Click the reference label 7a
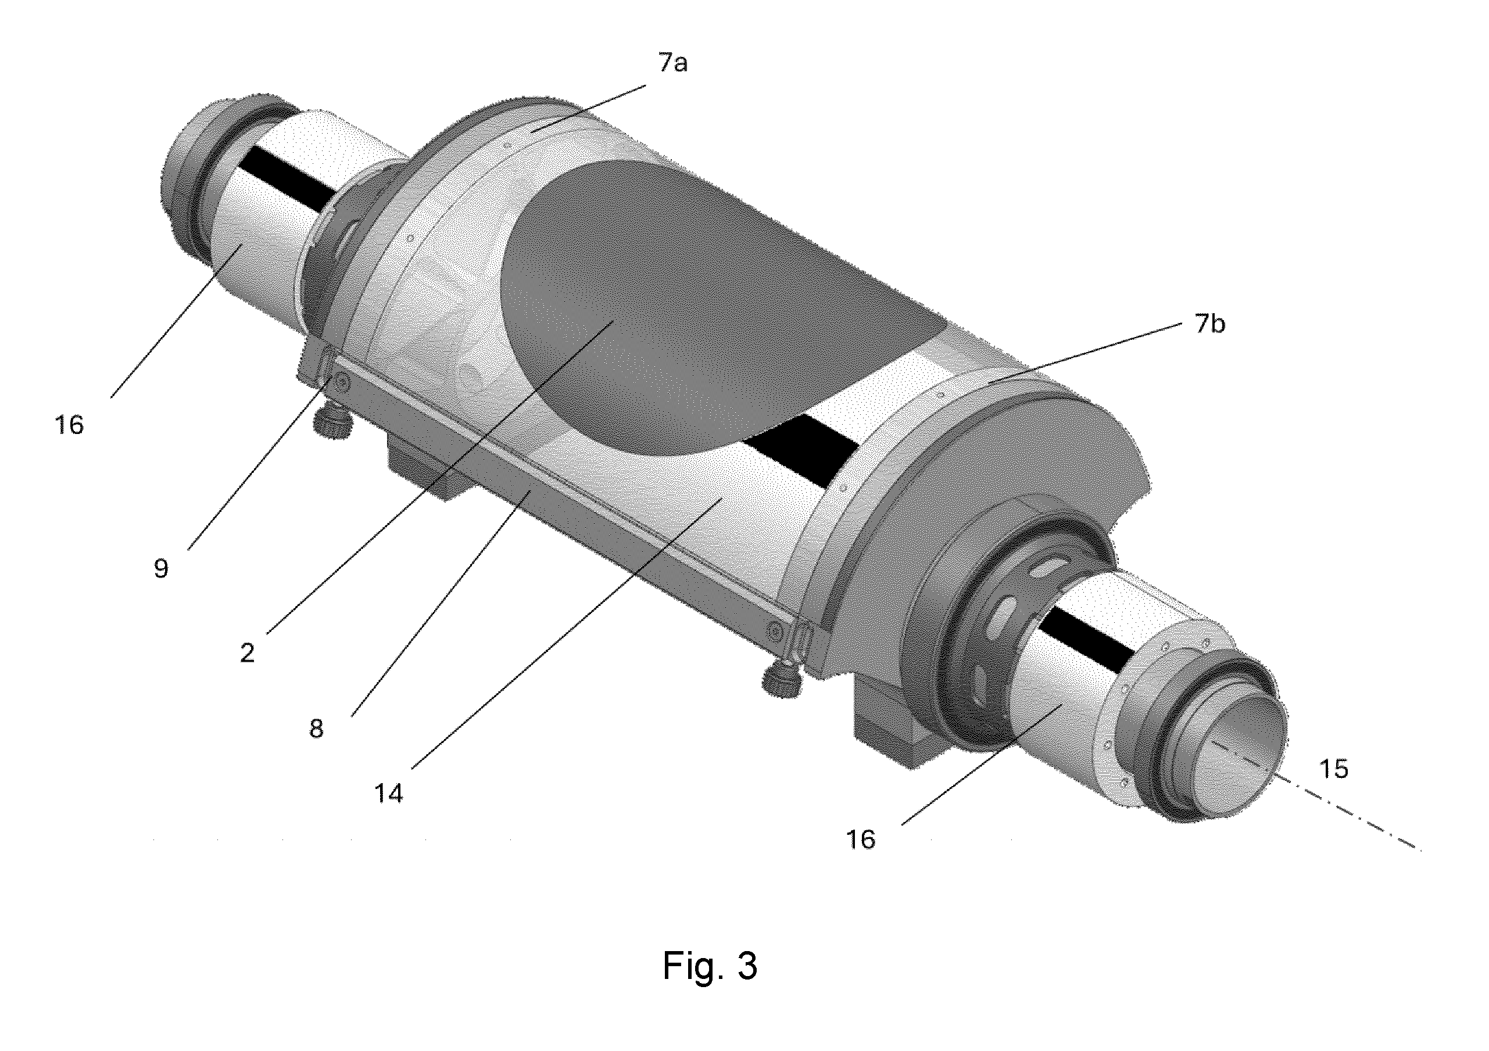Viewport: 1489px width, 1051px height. pos(672,63)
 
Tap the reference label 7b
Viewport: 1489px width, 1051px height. pos(1210,324)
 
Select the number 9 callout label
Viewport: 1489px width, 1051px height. pos(161,569)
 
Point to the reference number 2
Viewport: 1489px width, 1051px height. pos(247,653)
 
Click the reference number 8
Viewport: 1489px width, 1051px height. pos(316,729)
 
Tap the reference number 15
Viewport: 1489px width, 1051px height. pos(1334,769)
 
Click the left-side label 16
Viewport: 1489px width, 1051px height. pos(69,425)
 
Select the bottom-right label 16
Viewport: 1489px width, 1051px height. pos(861,840)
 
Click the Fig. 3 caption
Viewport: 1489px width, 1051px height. pos(710,966)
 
